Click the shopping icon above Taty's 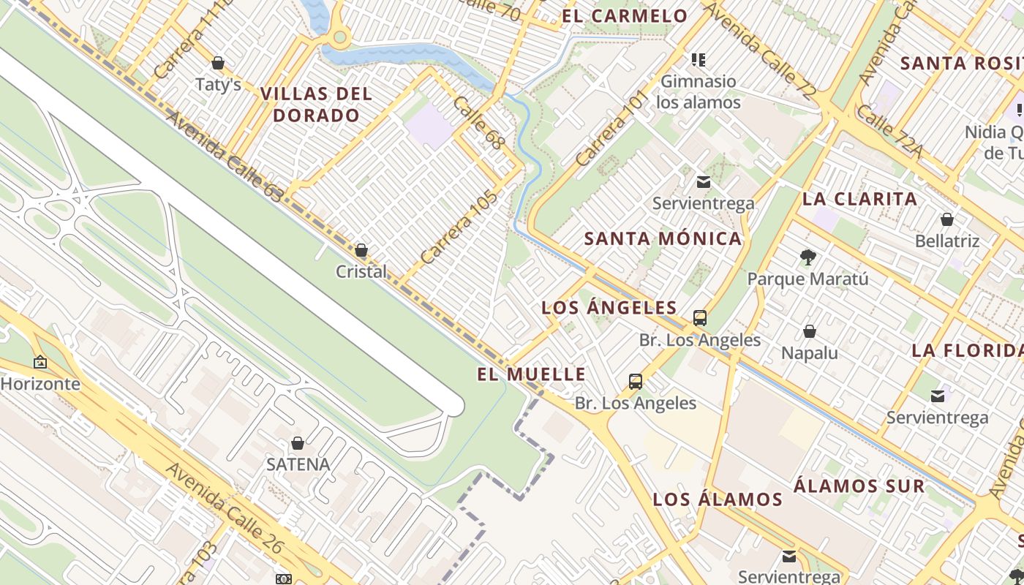point(217,63)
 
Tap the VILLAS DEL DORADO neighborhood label point(316,104)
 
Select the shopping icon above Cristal point(361,251)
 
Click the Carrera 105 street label point(459,227)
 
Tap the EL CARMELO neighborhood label point(625,16)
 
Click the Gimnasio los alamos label point(698,91)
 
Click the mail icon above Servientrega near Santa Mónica point(703,182)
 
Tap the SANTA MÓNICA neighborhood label point(663,238)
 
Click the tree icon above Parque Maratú point(807,257)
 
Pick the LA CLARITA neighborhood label point(859,199)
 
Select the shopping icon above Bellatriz point(946,219)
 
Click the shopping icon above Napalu point(809,332)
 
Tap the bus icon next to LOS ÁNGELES point(700,318)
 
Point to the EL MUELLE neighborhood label point(531,374)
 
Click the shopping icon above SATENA point(298,443)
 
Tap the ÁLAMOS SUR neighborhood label point(859,486)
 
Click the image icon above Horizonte point(40,362)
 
